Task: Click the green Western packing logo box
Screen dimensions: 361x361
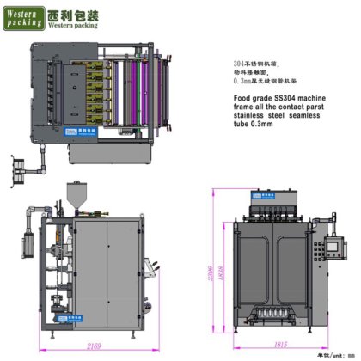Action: click(x=28, y=18)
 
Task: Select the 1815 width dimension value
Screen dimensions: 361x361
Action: click(x=279, y=344)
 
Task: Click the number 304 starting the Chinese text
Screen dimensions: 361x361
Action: click(x=242, y=65)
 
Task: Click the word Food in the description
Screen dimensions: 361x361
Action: click(x=242, y=103)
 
